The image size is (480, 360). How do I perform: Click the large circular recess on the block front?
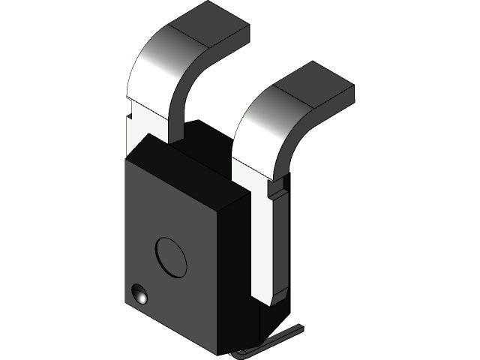click(x=172, y=257)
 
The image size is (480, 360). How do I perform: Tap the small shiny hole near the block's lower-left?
click(x=139, y=295)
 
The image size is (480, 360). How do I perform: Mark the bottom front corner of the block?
click(x=218, y=353)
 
